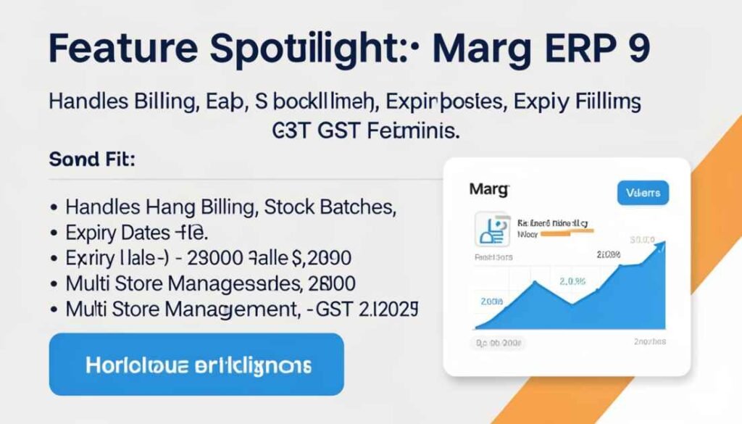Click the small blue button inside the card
(642, 192)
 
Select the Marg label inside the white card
(489, 190)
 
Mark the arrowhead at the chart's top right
(661, 246)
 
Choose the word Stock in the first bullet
(295, 207)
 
